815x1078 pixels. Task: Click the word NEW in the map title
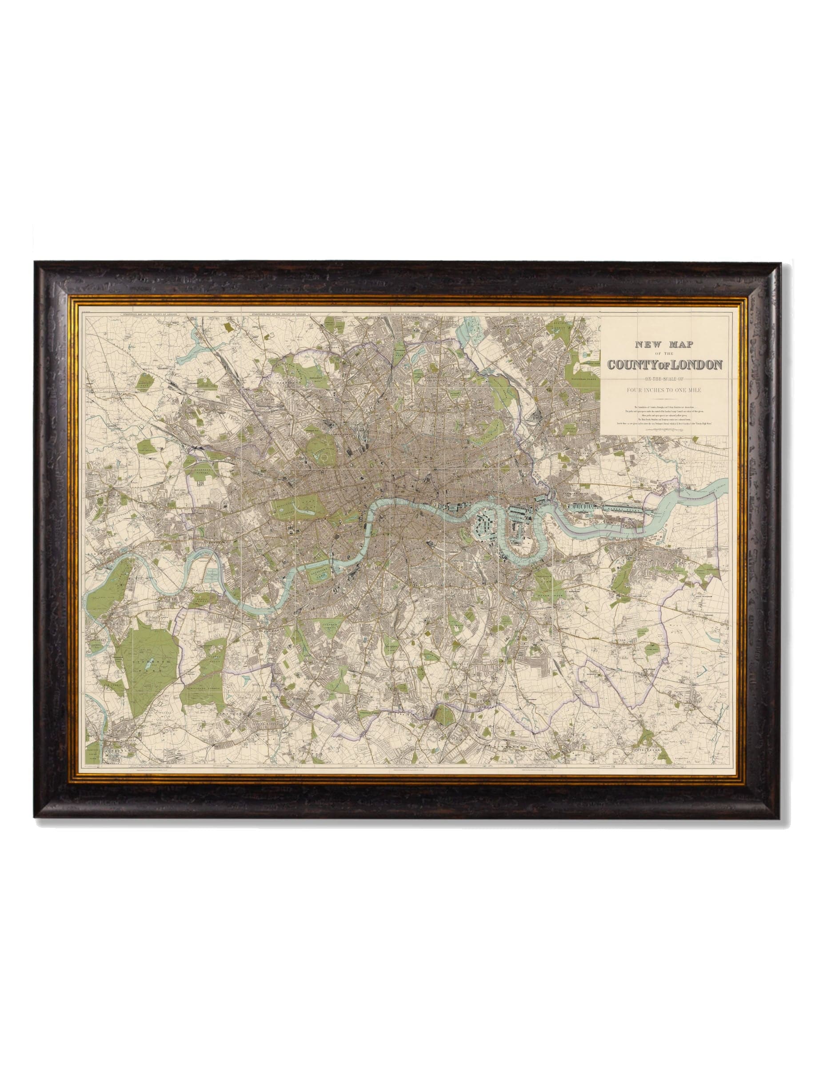click(x=644, y=345)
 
